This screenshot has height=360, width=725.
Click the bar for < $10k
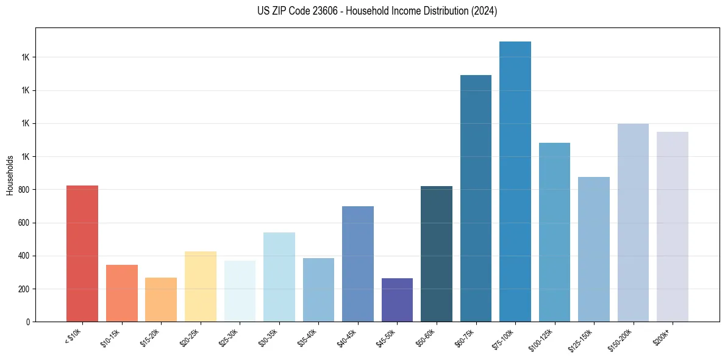point(82,253)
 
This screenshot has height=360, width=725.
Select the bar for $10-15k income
point(122,293)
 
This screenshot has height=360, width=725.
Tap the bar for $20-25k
point(201,286)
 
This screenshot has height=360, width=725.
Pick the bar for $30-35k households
point(279,277)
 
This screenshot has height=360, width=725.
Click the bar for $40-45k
point(358,264)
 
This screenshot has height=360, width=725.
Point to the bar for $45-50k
point(397,300)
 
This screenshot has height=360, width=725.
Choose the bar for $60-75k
point(476,198)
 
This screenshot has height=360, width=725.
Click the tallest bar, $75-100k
point(515,181)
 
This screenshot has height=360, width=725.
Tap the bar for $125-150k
point(594,249)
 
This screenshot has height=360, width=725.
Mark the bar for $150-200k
point(633,223)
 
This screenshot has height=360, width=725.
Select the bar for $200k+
point(673,226)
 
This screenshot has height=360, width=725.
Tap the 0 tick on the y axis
point(27,322)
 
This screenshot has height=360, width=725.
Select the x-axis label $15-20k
point(153,337)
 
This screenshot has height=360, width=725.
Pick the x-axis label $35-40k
point(310,337)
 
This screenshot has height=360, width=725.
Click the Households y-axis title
point(10,175)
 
